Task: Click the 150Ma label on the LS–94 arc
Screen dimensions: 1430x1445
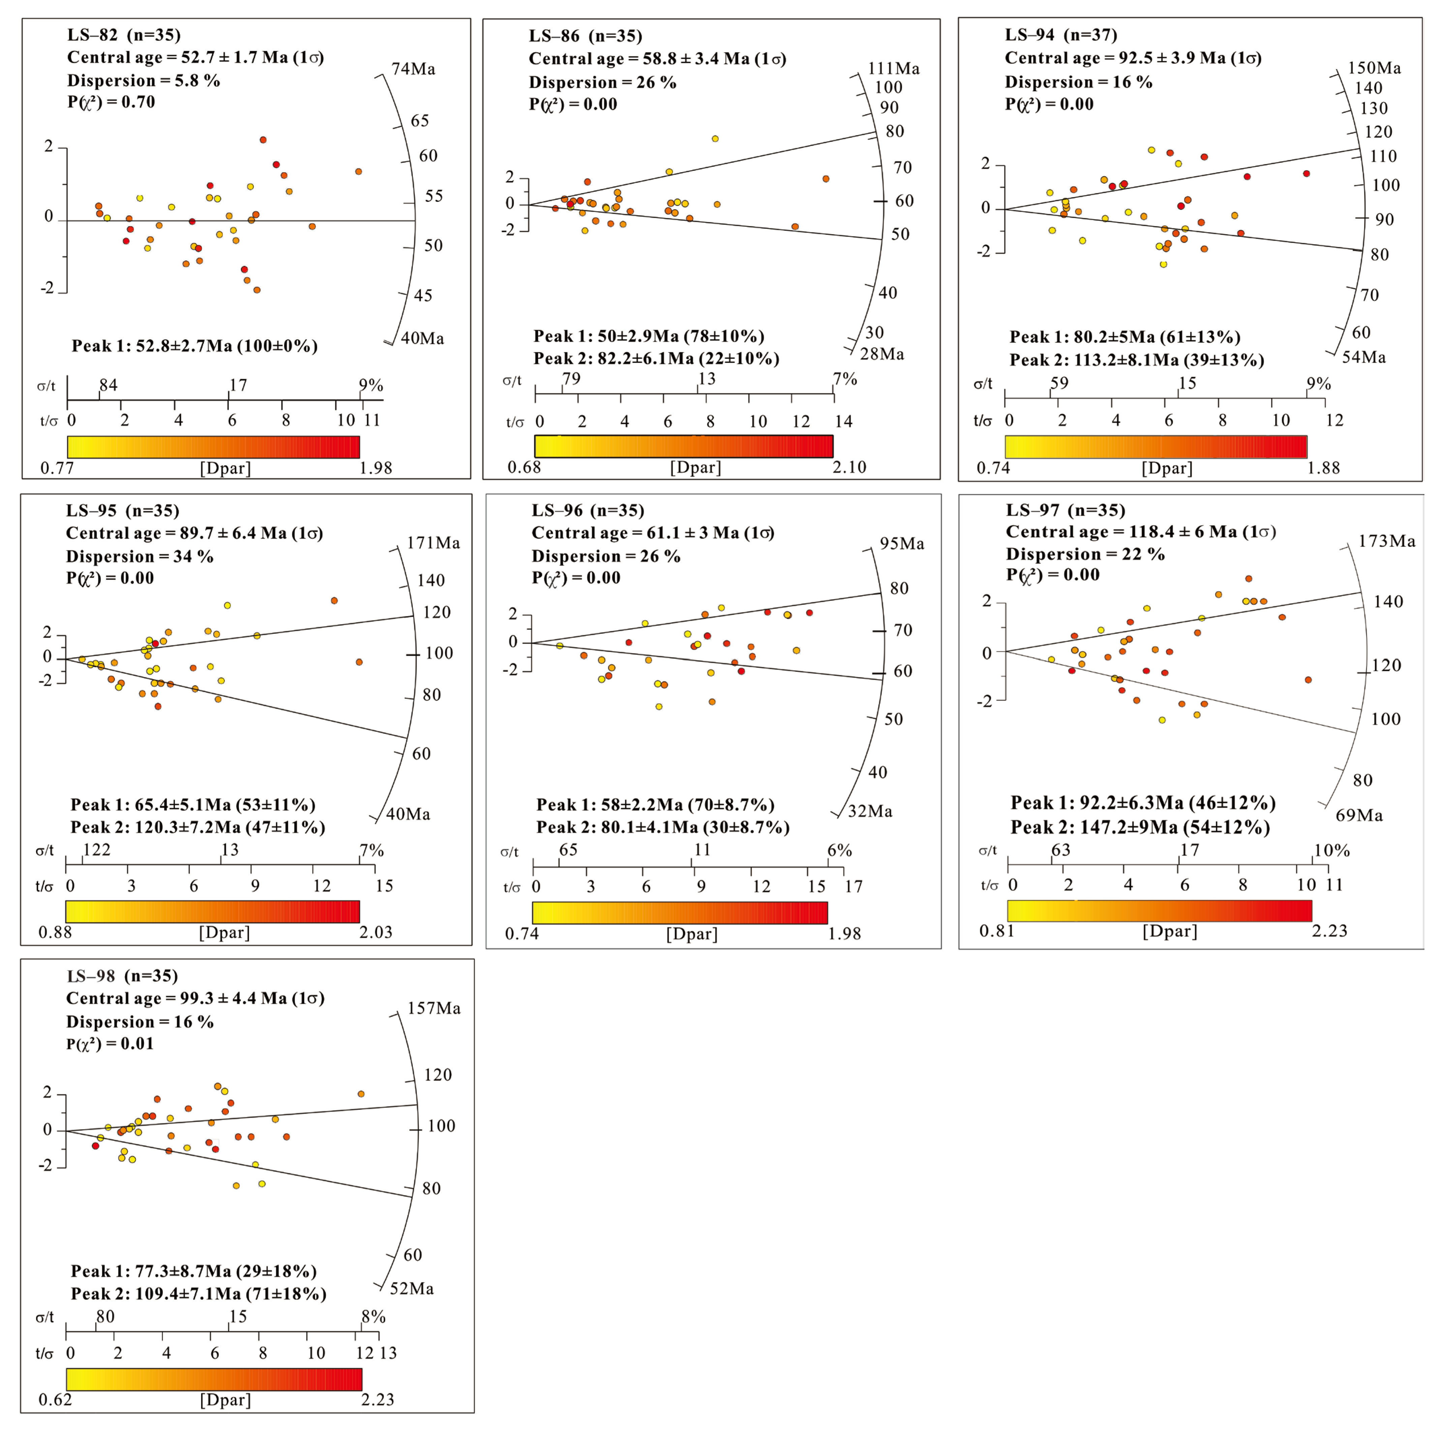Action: [x=1374, y=68]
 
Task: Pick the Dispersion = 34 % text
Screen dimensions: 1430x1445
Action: [x=140, y=556]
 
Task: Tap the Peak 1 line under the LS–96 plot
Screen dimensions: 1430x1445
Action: [x=655, y=805]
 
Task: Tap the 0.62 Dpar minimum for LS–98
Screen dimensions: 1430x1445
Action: [x=55, y=1399]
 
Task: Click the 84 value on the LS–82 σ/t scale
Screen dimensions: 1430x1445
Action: [x=109, y=385]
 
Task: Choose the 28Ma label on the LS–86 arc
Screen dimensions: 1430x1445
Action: [x=882, y=354]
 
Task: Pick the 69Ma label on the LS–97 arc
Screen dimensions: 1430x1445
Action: [x=1359, y=815]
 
